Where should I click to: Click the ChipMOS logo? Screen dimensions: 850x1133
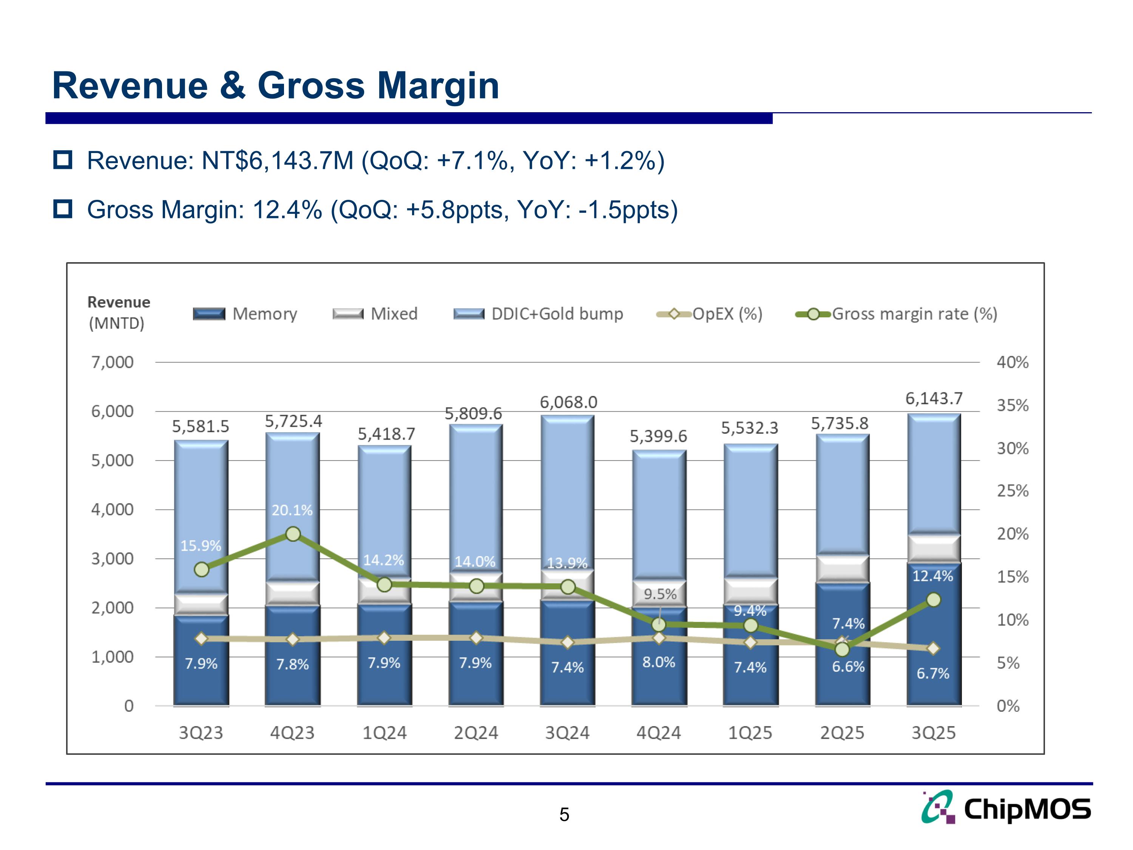point(1006,808)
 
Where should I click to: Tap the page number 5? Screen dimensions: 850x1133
point(564,814)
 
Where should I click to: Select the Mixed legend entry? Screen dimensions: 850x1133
point(375,314)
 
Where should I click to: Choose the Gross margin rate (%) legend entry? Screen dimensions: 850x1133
point(896,314)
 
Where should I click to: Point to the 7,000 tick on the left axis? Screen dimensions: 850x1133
point(112,362)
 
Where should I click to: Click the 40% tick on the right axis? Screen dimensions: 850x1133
point(1012,362)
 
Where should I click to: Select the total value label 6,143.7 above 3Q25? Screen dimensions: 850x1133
point(934,398)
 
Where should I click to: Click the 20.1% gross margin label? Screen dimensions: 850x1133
point(292,510)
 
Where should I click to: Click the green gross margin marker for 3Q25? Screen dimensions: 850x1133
point(934,600)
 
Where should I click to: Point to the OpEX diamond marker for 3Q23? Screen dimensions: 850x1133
point(201,638)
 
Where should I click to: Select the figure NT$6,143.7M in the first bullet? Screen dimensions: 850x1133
point(277,161)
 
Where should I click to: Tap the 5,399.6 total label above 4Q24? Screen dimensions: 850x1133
point(658,436)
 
